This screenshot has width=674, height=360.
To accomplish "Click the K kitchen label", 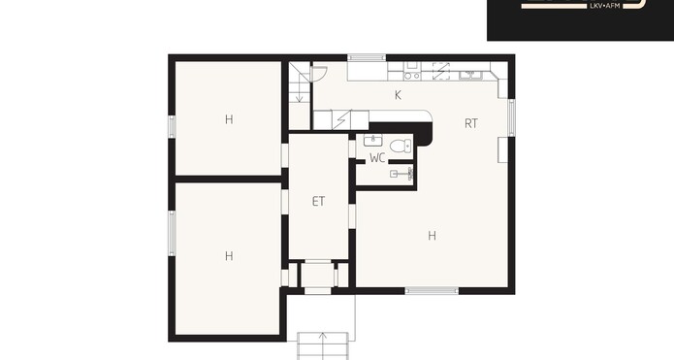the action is coord(398,95).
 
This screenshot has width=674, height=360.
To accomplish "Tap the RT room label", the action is coord(471,124).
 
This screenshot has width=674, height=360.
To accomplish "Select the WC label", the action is coord(377,158).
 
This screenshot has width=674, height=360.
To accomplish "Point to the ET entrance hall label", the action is coord(318,201).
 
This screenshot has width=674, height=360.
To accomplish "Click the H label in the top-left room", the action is coord(229,119).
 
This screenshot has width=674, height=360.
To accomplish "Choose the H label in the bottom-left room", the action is coord(229,256).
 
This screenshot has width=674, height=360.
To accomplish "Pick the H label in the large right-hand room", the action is coord(432,236).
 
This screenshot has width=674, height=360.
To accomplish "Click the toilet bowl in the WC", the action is coord(401,146).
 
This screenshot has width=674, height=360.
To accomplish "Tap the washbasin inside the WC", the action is coord(372,140).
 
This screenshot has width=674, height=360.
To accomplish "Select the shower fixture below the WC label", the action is coord(401,174).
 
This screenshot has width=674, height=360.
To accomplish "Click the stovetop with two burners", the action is coord(412,76).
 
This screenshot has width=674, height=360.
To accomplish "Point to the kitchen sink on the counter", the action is coord(470,76).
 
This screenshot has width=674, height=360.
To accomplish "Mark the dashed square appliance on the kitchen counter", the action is coord(441,71).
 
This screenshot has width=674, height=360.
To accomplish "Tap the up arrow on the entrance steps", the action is coord(323,341).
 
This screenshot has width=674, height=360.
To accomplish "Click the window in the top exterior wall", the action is coord(367,57).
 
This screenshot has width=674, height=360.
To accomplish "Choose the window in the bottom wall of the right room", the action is coord(432,291).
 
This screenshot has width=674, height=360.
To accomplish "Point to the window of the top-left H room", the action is coord(172,126).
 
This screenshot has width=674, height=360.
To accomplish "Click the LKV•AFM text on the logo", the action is coord(606,6).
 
